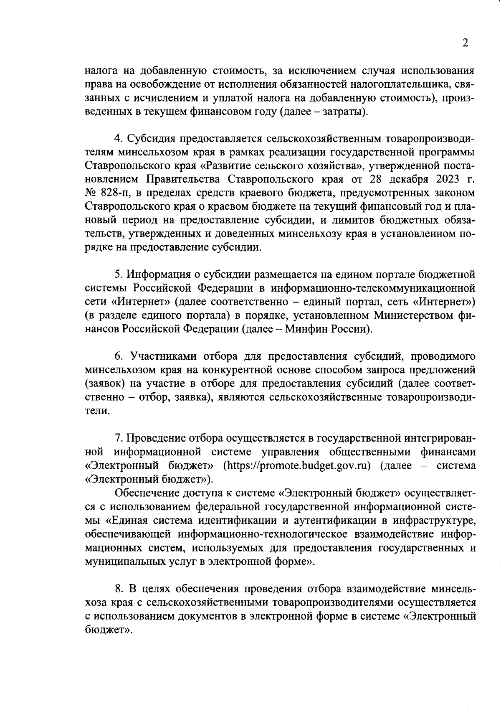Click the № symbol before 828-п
92,193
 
